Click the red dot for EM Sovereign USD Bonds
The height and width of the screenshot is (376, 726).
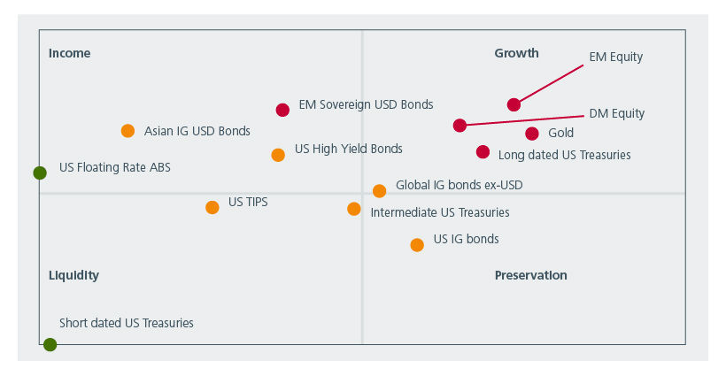[x=282, y=111]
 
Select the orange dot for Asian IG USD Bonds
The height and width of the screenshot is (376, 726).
[x=127, y=131]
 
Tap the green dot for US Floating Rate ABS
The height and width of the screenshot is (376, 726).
[x=40, y=173]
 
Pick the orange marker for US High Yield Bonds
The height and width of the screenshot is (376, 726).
[x=278, y=155]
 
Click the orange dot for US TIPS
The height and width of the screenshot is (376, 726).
[x=212, y=207]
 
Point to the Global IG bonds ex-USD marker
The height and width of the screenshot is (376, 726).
[x=379, y=191]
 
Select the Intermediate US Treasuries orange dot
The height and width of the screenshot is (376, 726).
[x=354, y=209]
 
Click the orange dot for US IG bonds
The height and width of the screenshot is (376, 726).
[x=417, y=245]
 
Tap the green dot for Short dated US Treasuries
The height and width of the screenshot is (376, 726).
[x=50, y=344]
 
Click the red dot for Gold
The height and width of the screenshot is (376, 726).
[x=531, y=134]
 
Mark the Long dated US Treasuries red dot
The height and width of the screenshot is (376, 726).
[x=483, y=152]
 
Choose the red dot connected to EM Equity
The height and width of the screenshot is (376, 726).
[x=514, y=104]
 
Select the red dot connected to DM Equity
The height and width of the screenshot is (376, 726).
[x=460, y=126]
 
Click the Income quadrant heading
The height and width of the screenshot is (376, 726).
[x=69, y=53]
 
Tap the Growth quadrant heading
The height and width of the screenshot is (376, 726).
[x=516, y=53]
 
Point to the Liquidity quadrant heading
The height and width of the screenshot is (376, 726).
[x=73, y=275]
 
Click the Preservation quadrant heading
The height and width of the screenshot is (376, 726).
[x=530, y=275]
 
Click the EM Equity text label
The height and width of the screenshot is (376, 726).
[x=615, y=57]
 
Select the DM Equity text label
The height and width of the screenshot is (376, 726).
[x=616, y=113]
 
